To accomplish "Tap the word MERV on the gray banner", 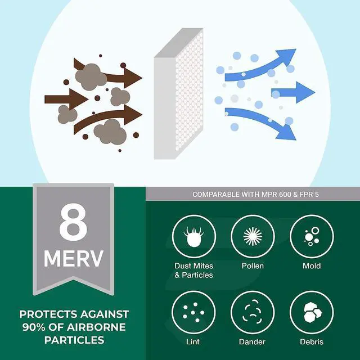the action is pyautogui.click(x=74, y=259).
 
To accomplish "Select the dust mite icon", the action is pyautogui.click(x=193, y=237).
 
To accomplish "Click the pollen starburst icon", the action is pyautogui.click(x=253, y=236).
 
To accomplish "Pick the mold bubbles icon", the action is pyautogui.click(x=312, y=237).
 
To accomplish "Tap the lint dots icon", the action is pyautogui.click(x=193, y=312).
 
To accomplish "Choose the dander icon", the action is pyautogui.click(x=253, y=312).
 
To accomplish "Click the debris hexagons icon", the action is pyautogui.click(x=312, y=312).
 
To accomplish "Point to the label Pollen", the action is pyautogui.click(x=253, y=266).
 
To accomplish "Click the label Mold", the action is pyautogui.click(x=312, y=266).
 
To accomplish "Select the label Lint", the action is pyautogui.click(x=193, y=341).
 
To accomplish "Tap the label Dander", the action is pyautogui.click(x=252, y=341).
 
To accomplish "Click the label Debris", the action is pyautogui.click(x=312, y=341).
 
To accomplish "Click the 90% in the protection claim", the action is pyautogui.click(x=34, y=327).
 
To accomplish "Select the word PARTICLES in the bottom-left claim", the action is pyautogui.click(x=74, y=340).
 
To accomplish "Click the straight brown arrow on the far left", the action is pyautogui.click(x=66, y=99).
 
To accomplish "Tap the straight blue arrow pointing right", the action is pyautogui.click(x=293, y=92).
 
